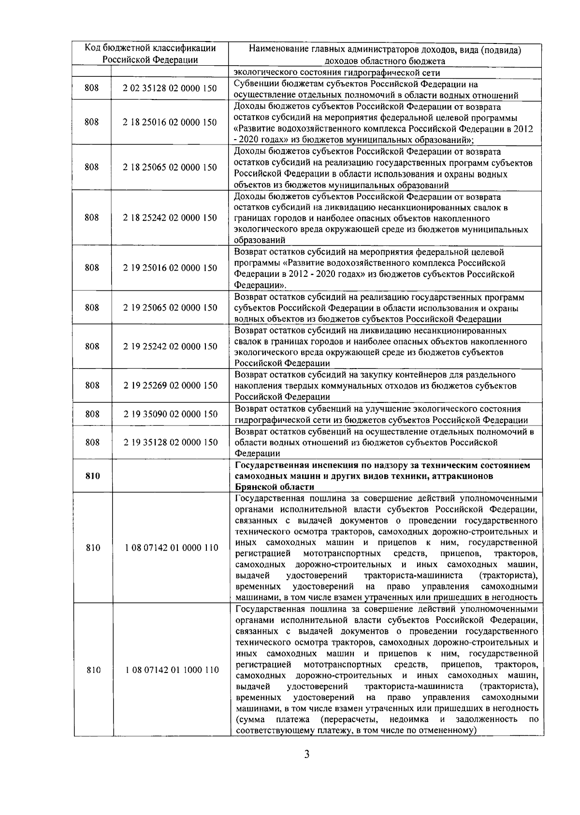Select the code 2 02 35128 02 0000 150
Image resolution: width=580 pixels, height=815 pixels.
(170, 88)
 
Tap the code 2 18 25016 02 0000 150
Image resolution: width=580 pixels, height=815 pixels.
(170, 123)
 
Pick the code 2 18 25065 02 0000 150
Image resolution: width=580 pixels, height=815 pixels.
(170, 168)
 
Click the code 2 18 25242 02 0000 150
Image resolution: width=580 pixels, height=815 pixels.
(170, 218)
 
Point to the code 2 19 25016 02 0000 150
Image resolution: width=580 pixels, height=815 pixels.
(170, 268)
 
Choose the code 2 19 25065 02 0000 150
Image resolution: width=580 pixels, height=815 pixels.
(170, 308)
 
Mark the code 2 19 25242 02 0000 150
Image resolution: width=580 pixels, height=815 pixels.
(170, 347)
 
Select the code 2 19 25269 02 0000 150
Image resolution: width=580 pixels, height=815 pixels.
(170, 386)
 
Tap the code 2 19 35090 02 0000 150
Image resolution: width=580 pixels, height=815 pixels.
(170, 415)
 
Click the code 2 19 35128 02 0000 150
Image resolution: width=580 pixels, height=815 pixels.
(170, 443)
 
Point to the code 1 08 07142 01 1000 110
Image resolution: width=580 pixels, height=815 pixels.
(171, 670)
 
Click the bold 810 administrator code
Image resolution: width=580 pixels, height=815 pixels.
(92, 476)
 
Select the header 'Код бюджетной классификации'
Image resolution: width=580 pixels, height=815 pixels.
(150, 48)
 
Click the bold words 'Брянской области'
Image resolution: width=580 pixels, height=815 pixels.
(275, 487)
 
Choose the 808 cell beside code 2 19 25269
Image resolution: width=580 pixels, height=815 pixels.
(92, 386)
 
